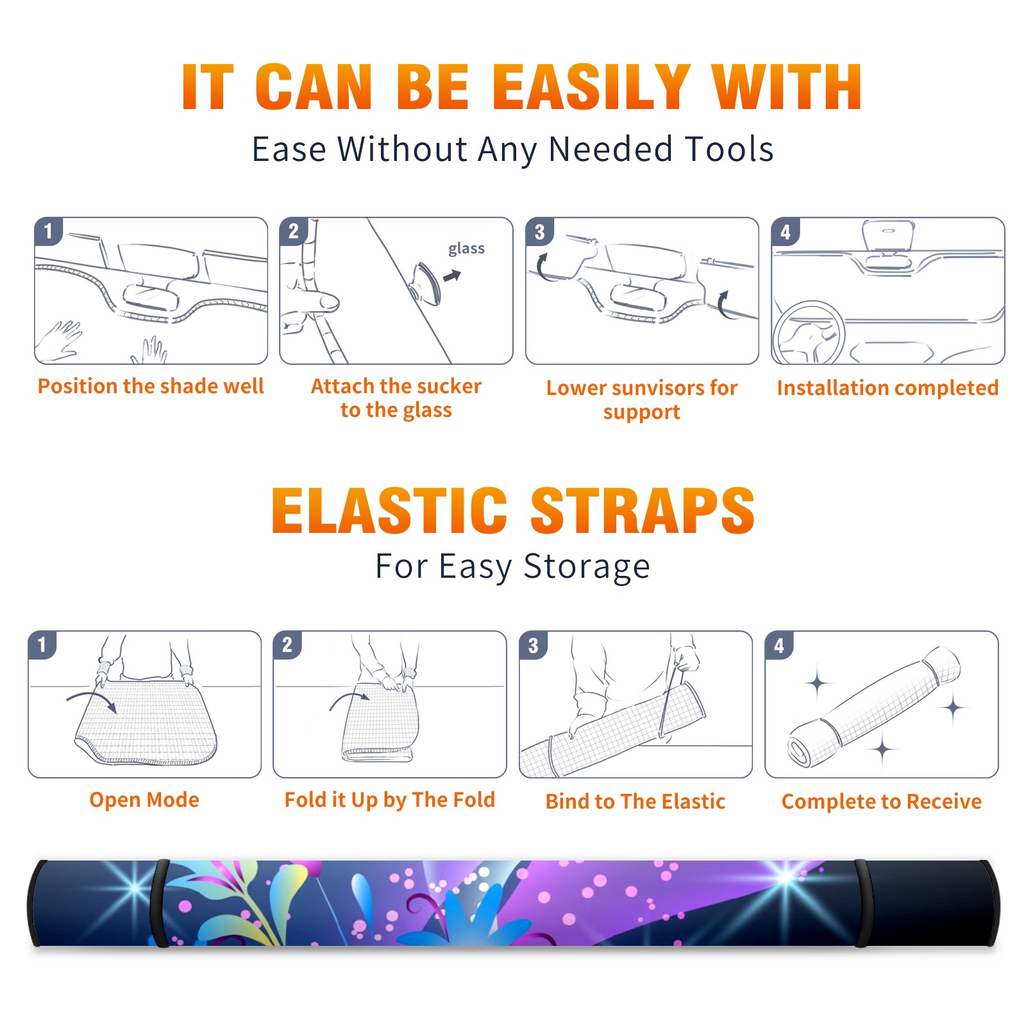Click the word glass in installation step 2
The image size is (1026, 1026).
click(x=466, y=249)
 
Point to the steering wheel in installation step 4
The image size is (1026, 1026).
click(x=809, y=332)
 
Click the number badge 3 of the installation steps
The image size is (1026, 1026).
click(x=540, y=231)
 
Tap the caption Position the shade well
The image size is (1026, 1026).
click(x=151, y=386)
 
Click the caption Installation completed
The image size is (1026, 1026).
click(x=887, y=387)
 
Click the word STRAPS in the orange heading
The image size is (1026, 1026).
click(x=643, y=510)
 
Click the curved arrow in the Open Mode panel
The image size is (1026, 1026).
click(x=92, y=700)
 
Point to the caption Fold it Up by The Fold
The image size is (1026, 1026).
click(x=390, y=800)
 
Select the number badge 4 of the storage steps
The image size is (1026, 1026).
click(x=779, y=645)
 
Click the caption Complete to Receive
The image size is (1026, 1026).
click(x=882, y=802)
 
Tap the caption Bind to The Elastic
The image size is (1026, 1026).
click(x=635, y=802)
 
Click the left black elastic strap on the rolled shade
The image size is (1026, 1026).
click(x=159, y=903)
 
